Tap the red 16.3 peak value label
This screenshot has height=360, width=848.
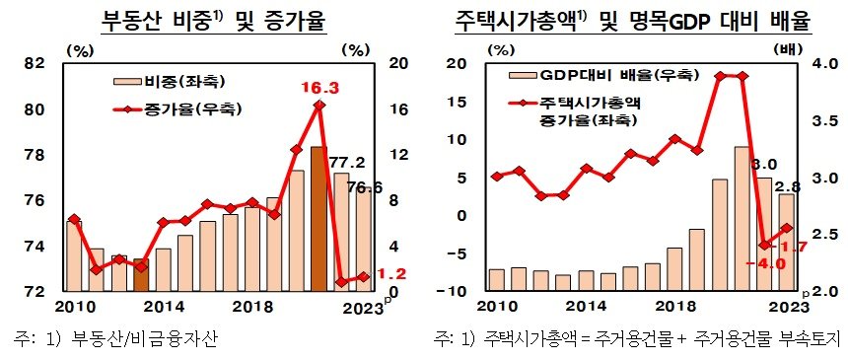pos(319,88)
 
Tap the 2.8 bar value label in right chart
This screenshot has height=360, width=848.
pos(790,185)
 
